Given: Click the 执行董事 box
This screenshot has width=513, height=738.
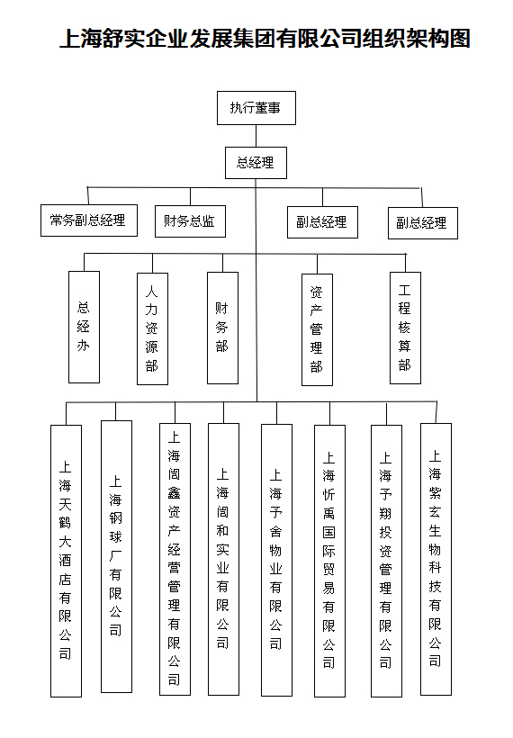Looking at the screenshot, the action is [x=256, y=108].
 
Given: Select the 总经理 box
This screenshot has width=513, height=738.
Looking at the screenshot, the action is [x=256, y=163].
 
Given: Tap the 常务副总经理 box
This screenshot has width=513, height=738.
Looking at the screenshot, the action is [x=89, y=220].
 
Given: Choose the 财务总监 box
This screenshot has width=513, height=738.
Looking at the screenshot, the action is [x=190, y=221].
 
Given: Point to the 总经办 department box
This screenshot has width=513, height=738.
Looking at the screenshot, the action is [x=85, y=327].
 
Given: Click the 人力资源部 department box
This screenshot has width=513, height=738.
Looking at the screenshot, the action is [x=152, y=329].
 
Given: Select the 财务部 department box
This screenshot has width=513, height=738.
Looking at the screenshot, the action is [x=222, y=328].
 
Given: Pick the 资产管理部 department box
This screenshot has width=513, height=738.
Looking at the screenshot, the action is [x=317, y=330].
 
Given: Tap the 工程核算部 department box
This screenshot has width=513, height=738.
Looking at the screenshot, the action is [x=405, y=328].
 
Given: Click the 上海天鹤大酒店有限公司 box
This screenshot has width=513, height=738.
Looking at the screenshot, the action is [x=67, y=561].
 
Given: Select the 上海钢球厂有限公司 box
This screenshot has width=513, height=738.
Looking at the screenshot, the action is [x=117, y=556].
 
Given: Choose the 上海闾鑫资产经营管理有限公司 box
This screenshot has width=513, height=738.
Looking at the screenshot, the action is [x=175, y=559].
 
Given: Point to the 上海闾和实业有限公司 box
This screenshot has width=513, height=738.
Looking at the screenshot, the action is [x=223, y=559].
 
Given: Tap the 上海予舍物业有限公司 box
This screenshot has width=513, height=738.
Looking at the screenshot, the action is [x=276, y=560].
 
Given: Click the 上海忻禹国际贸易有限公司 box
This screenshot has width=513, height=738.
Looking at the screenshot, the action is [x=330, y=561].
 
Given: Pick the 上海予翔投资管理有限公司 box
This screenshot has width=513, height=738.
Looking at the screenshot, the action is [x=386, y=561].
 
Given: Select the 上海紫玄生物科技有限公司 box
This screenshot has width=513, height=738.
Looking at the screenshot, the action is [x=436, y=559].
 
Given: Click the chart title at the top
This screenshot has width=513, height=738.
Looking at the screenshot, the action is [x=265, y=39].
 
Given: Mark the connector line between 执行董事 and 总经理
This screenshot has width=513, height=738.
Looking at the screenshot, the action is [x=256, y=136].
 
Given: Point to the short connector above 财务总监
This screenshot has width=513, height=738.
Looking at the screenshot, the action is [x=190, y=197].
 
